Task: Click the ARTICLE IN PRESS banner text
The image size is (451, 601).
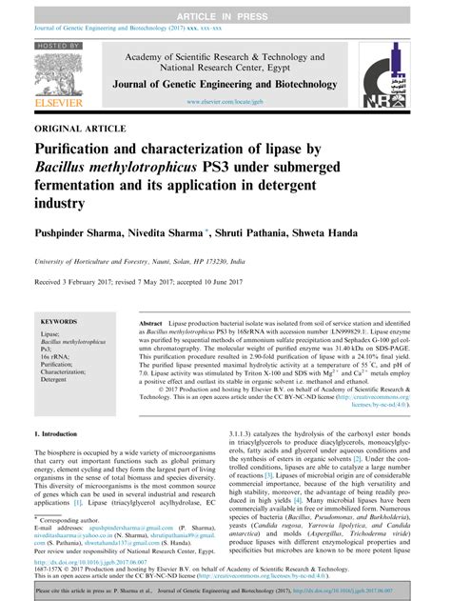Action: [225, 9]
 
